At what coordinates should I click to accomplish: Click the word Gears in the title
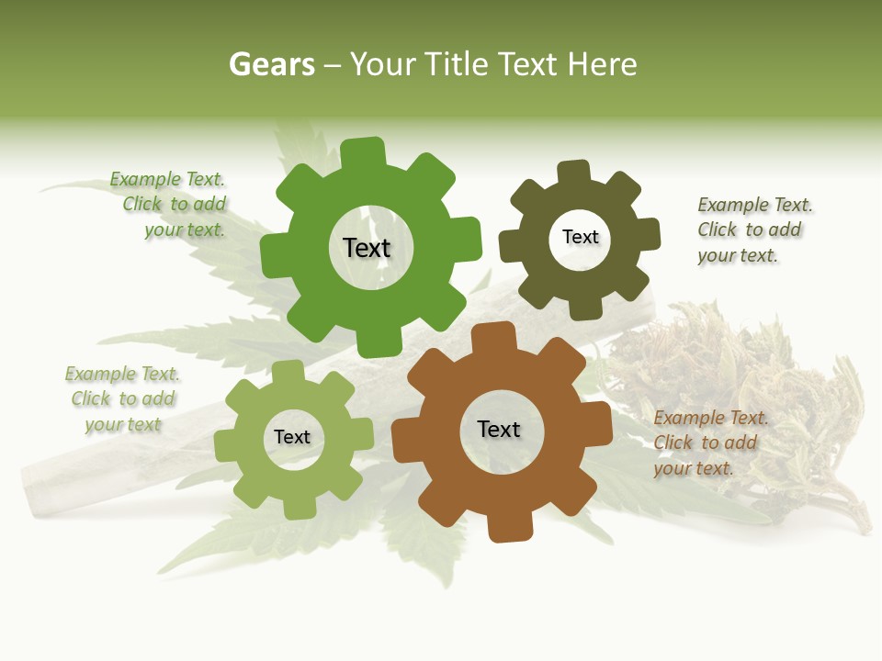coord(270,64)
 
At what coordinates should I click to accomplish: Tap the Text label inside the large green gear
coord(367,248)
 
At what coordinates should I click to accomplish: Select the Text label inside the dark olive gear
coord(580,237)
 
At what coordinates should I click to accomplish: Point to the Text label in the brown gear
coord(499,429)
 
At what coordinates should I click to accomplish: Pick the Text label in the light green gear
coord(292,437)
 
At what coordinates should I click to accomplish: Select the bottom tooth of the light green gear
coord(299,505)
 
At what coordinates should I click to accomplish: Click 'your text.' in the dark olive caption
coord(738,255)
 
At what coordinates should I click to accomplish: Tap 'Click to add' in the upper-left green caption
coord(175,204)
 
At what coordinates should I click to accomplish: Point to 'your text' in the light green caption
coord(123,424)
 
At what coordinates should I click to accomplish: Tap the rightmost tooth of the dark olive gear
coord(648,234)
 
